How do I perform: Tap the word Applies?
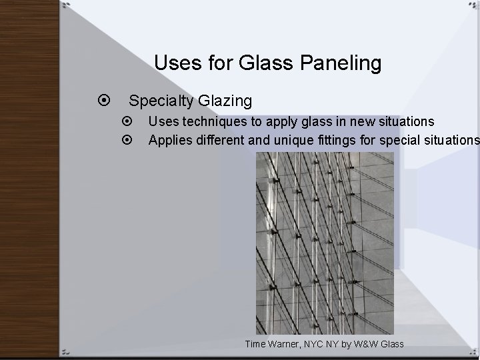point(168,140)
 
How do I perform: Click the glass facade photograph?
point(325,243)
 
